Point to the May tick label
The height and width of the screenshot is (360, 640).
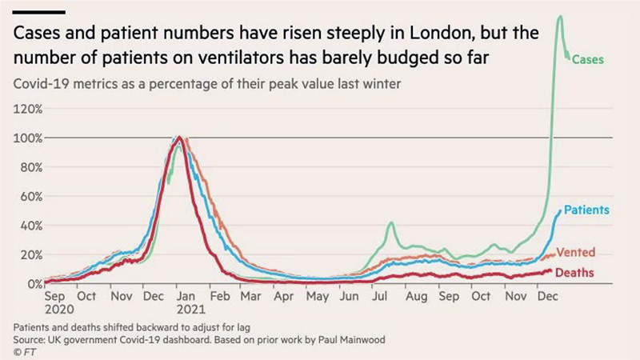[x=317, y=295]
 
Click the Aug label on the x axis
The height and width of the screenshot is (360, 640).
[x=414, y=295]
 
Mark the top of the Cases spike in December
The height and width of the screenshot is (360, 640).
[x=561, y=16]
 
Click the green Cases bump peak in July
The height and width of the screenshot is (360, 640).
[x=391, y=223]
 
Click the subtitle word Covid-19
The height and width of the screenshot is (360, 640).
[x=39, y=83]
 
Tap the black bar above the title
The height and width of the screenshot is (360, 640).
[x=38, y=12]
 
